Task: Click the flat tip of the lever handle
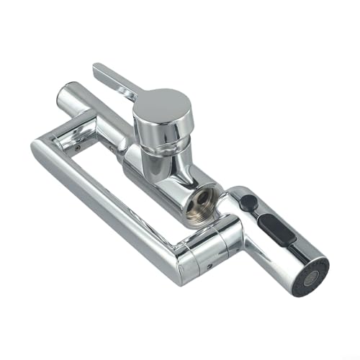click(x=100, y=70)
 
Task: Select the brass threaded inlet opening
click(x=197, y=204)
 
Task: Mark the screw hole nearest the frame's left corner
click(x=76, y=146)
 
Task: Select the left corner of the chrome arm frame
click(x=40, y=144)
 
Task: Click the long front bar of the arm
click(x=108, y=202)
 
